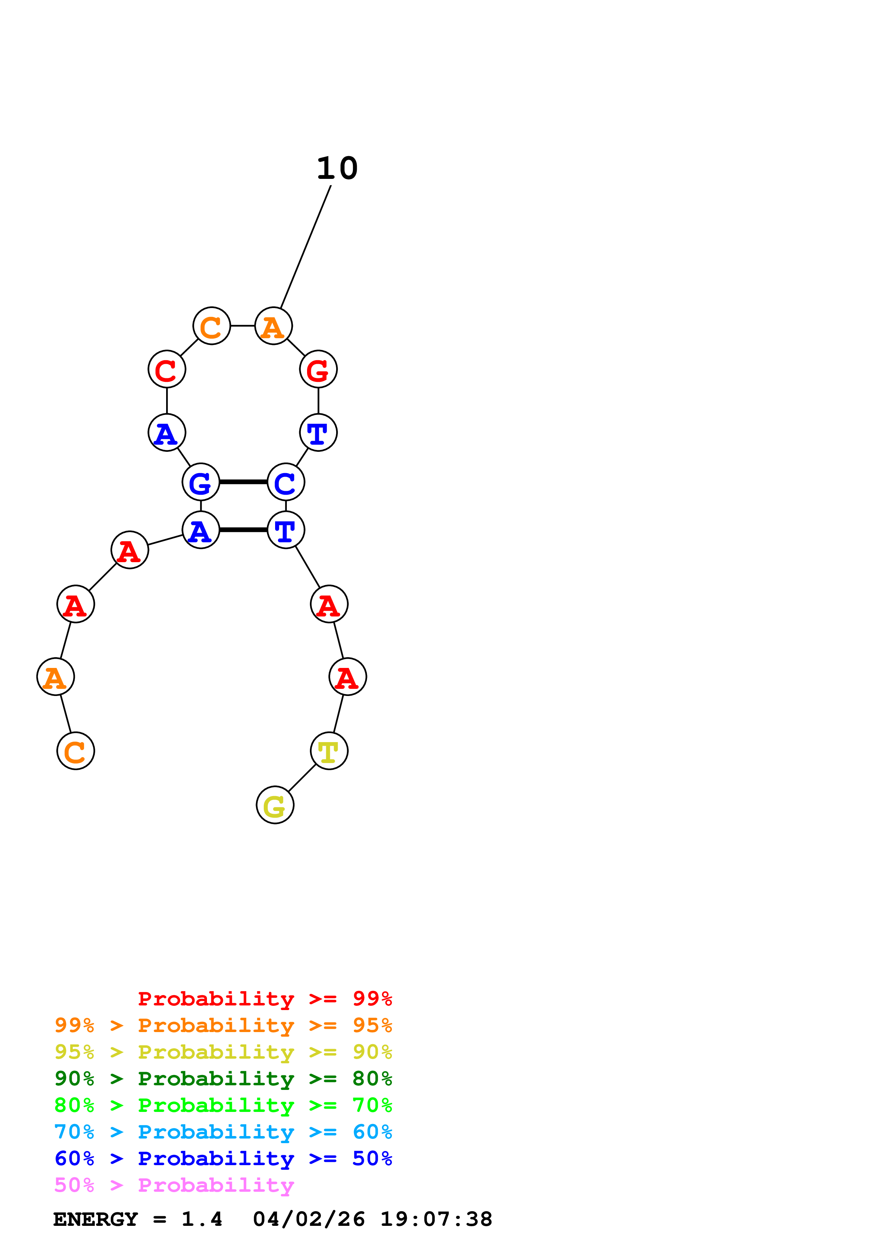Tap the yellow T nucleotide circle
pyautogui.click(x=329, y=751)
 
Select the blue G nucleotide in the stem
pyautogui.click(x=201, y=482)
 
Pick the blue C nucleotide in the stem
pyautogui.click(x=286, y=482)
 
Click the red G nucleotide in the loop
pyautogui.click(x=318, y=369)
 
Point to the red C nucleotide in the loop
pyautogui.click(x=167, y=369)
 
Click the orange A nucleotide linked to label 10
pyautogui.click(x=274, y=326)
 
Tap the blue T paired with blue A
pyautogui.click(x=286, y=530)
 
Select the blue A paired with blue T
pyautogui.click(x=201, y=530)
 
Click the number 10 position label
pyautogui.click(x=337, y=168)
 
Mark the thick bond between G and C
pyautogui.click(x=244, y=482)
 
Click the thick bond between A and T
pyautogui.click(x=244, y=530)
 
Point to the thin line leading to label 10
pyautogui.click(x=306, y=247)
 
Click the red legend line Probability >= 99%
pyautogui.click(x=264, y=998)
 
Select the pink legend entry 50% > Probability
pyautogui.click(x=174, y=1185)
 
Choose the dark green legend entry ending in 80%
pyautogui.click(x=223, y=1079)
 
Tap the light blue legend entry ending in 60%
pyautogui.click(x=223, y=1132)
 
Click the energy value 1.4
pyautogui.click(x=202, y=1219)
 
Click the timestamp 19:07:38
pyautogui.click(x=436, y=1219)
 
